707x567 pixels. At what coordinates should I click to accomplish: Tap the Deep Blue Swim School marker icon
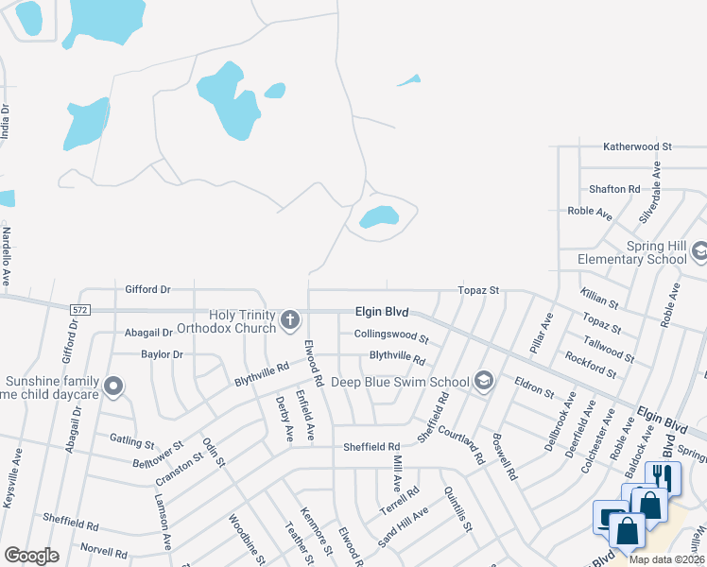(484, 380)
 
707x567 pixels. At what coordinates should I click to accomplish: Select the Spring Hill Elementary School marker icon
(699, 251)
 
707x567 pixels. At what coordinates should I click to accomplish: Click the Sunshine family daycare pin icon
(114, 386)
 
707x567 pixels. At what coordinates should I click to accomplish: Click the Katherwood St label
(637, 147)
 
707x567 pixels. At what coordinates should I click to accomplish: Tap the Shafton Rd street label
(613, 189)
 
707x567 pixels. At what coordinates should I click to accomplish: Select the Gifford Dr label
(147, 288)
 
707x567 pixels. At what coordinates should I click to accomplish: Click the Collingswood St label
(391, 335)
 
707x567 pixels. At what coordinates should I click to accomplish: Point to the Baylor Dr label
(162, 354)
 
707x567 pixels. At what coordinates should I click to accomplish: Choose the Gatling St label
(131, 440)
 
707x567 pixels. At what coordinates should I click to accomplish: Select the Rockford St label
(590, 366)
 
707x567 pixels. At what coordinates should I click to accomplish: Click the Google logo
(31, 556)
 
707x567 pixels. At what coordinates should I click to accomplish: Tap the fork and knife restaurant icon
(664, 476)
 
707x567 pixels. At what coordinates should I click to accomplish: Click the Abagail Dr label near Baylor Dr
(148, 333)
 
